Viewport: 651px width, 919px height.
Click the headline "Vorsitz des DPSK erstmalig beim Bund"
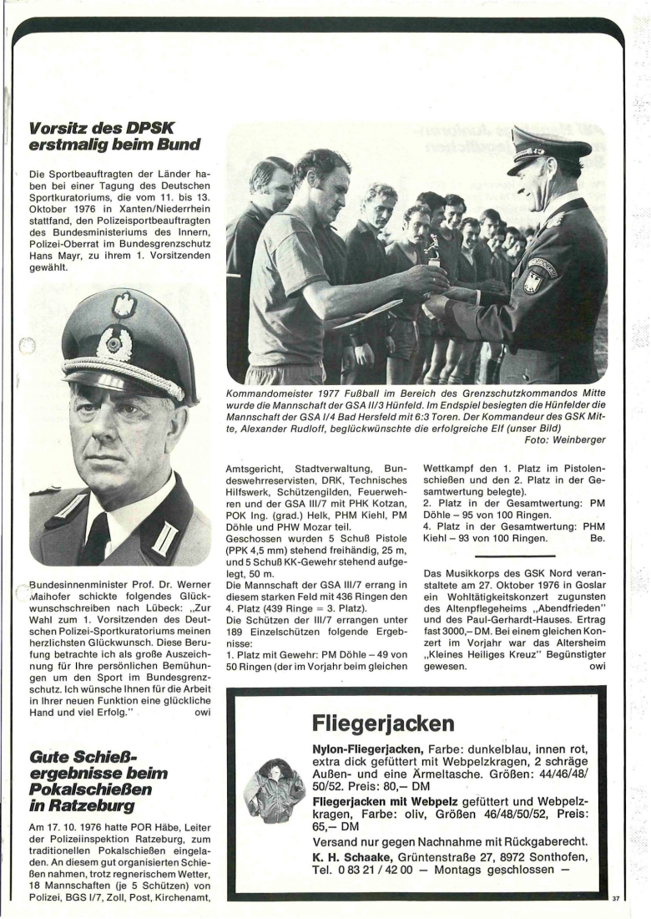(x=114, y=137)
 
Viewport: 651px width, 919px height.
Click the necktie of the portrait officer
(x=97, y=536)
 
